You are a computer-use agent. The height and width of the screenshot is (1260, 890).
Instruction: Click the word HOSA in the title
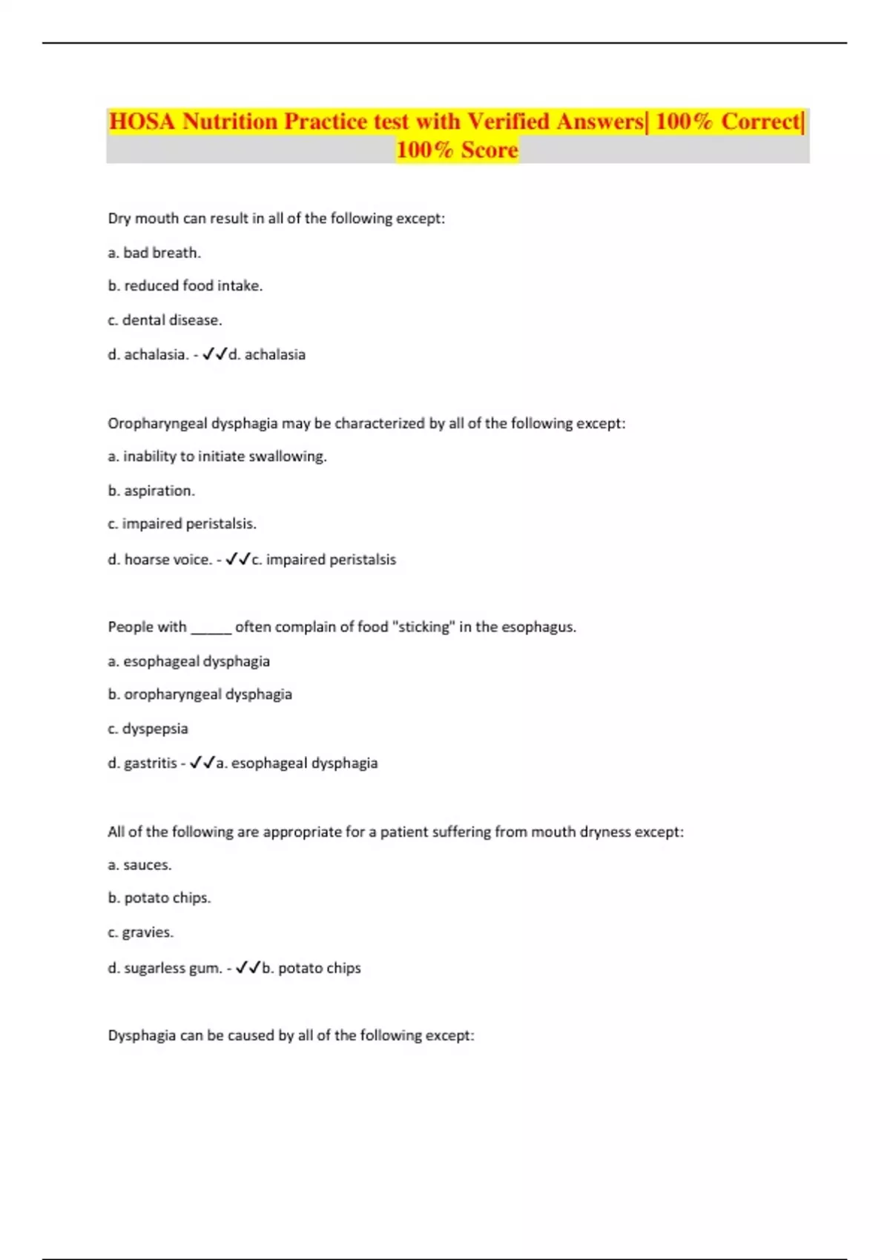point(142,122)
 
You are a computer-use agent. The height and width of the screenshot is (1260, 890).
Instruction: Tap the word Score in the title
point(489,150)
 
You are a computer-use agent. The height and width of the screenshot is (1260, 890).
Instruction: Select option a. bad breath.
point(154,253)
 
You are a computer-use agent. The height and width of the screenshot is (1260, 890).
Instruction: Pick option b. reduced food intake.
point(185,286)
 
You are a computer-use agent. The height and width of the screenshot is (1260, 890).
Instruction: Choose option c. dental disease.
point(165,320)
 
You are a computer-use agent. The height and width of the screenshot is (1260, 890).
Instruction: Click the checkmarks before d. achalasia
point(214,354)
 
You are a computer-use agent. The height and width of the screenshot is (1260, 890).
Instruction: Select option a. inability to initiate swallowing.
point(217,457)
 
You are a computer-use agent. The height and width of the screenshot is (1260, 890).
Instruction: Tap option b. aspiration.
point(151,491)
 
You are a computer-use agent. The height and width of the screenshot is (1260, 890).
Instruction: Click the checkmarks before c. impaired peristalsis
point(237,560)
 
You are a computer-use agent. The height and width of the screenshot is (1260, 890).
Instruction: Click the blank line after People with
point(211,629)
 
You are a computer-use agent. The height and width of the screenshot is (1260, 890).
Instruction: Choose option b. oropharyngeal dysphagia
point(200,694)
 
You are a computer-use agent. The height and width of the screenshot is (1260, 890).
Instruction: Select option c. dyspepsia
point(148,729)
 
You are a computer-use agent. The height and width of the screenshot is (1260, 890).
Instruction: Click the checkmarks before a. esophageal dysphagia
point(202,763)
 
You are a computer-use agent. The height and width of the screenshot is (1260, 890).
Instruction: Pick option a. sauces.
point(139,865)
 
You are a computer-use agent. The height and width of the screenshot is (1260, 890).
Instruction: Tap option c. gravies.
point(140,932)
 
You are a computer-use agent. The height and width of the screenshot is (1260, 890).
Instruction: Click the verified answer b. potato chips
point(311,968)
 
